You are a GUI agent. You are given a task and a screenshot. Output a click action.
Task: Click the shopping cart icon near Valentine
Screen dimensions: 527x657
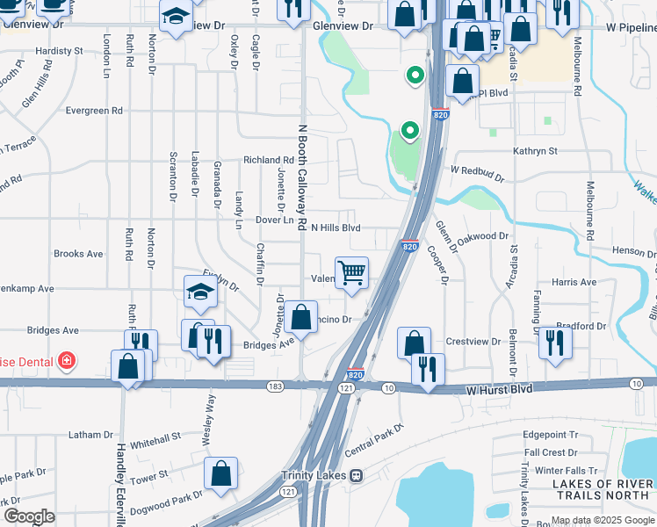click(x=352, y=272)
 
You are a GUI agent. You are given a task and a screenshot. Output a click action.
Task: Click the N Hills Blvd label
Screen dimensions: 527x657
click(x=336, y=227)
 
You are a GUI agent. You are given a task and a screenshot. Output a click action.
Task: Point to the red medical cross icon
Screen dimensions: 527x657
click(x=64, y=360)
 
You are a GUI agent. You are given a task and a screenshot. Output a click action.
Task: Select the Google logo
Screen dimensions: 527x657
click(x=29, y=516)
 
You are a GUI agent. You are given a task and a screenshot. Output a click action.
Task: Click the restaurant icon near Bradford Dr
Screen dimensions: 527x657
click(x=555, y=343)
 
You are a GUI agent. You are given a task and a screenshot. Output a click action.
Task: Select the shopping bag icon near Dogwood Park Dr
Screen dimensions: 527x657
click(x=220, y=473)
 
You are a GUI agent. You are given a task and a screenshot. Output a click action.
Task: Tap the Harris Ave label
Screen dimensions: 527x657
click(x=576, y=283)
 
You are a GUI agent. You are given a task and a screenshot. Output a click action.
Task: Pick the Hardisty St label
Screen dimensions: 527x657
click(x=60, y=51)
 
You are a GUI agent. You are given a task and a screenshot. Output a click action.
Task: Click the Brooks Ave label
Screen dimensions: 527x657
click(x=79, y=253)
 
